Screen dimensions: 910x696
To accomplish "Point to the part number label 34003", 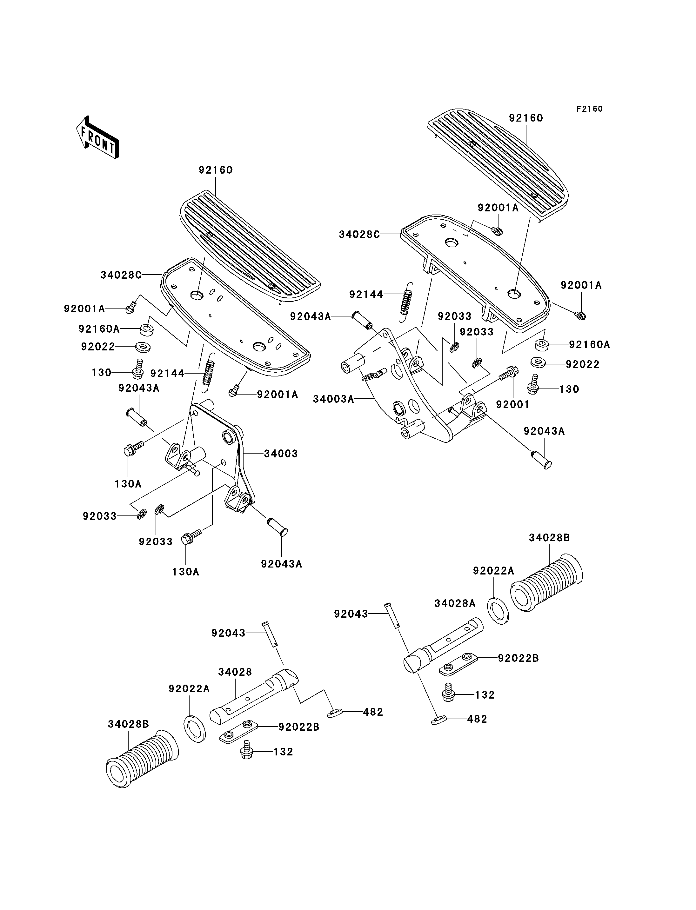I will coord(281,454).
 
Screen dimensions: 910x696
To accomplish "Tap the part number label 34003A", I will coord(333,399).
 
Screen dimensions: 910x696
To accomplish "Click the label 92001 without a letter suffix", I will coord(512,404).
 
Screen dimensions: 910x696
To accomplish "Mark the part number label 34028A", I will coord(454,603).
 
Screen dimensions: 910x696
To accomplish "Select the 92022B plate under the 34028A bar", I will coord(458,662).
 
